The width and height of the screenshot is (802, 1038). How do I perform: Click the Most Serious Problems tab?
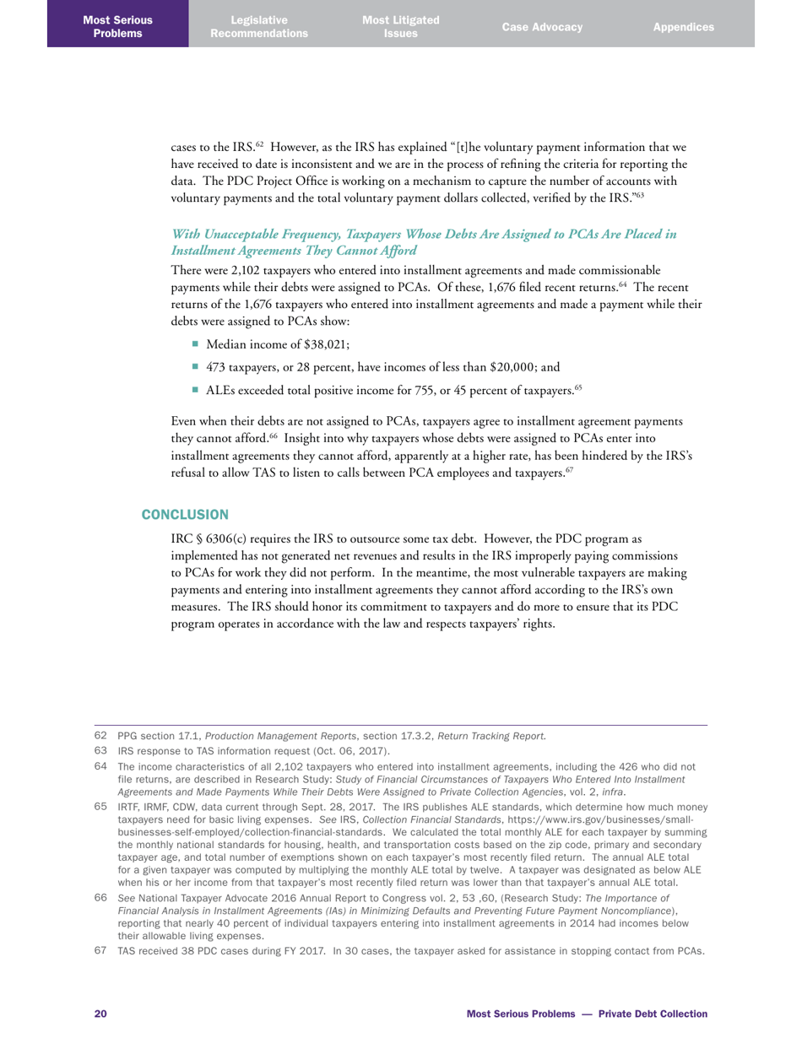pos(118,27)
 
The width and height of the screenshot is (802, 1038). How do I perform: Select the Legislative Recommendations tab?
pos(259,27)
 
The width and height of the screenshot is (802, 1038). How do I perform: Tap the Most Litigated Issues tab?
pos(400,27)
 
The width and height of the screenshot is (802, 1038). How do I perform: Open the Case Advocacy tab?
pos(542,27)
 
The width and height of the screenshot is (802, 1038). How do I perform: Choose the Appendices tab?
pos(683,27)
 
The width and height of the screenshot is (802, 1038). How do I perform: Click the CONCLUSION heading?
pos(184,514)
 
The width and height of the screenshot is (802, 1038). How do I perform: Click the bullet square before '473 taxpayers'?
pos(195,366)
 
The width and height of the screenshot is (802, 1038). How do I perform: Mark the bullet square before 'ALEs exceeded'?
pos(195,389)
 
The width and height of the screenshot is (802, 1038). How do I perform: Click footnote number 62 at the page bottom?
pos(100,736)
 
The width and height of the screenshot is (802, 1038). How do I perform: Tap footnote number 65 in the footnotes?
pos(100,808)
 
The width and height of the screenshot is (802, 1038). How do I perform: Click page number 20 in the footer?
pos(100,1013)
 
